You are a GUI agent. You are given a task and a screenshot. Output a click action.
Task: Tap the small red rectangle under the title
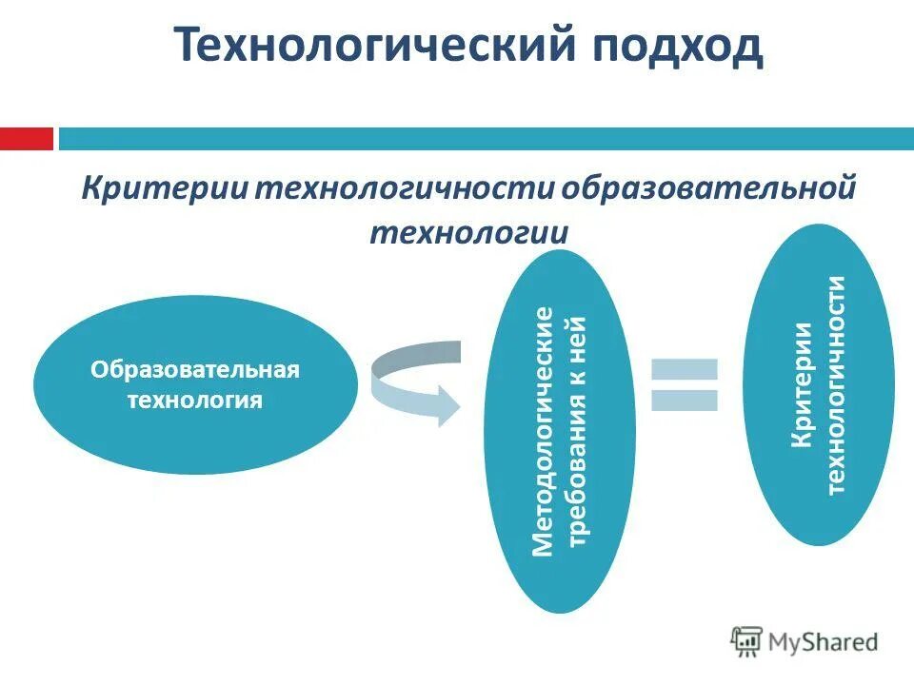[x=26, y=139]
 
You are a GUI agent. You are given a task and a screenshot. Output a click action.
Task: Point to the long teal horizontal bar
[x=486, y=139]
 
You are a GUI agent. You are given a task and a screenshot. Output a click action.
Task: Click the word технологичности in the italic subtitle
[x=401, y=187]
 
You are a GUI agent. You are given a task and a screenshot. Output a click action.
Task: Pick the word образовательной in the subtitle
[x=708, y=187]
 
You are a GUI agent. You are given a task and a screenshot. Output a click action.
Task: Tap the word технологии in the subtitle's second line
[x=469, y=232]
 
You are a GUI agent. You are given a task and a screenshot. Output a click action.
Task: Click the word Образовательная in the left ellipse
[x=195, y=369]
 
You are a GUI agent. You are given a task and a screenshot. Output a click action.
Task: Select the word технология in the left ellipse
[x=195, y=400]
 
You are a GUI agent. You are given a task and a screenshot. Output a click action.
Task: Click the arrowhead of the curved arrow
[x=446, y=403]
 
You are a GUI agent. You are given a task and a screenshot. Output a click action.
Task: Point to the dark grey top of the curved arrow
[x=419, y=353]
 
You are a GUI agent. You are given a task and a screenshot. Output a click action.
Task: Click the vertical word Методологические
[x=543, y=431]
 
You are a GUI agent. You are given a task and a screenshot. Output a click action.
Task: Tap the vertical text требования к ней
[x=578, y=431]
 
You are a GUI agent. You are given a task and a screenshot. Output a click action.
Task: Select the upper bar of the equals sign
[x=684, y=367]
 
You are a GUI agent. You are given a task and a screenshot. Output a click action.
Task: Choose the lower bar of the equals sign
[x=684, y=400]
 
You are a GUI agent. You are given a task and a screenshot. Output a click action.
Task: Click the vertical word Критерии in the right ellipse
[x=802, y=384]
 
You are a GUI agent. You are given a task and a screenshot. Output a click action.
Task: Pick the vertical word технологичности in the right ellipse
[x=835, y=384]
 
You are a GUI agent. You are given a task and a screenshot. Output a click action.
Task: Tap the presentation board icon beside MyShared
[x=746, y=641]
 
